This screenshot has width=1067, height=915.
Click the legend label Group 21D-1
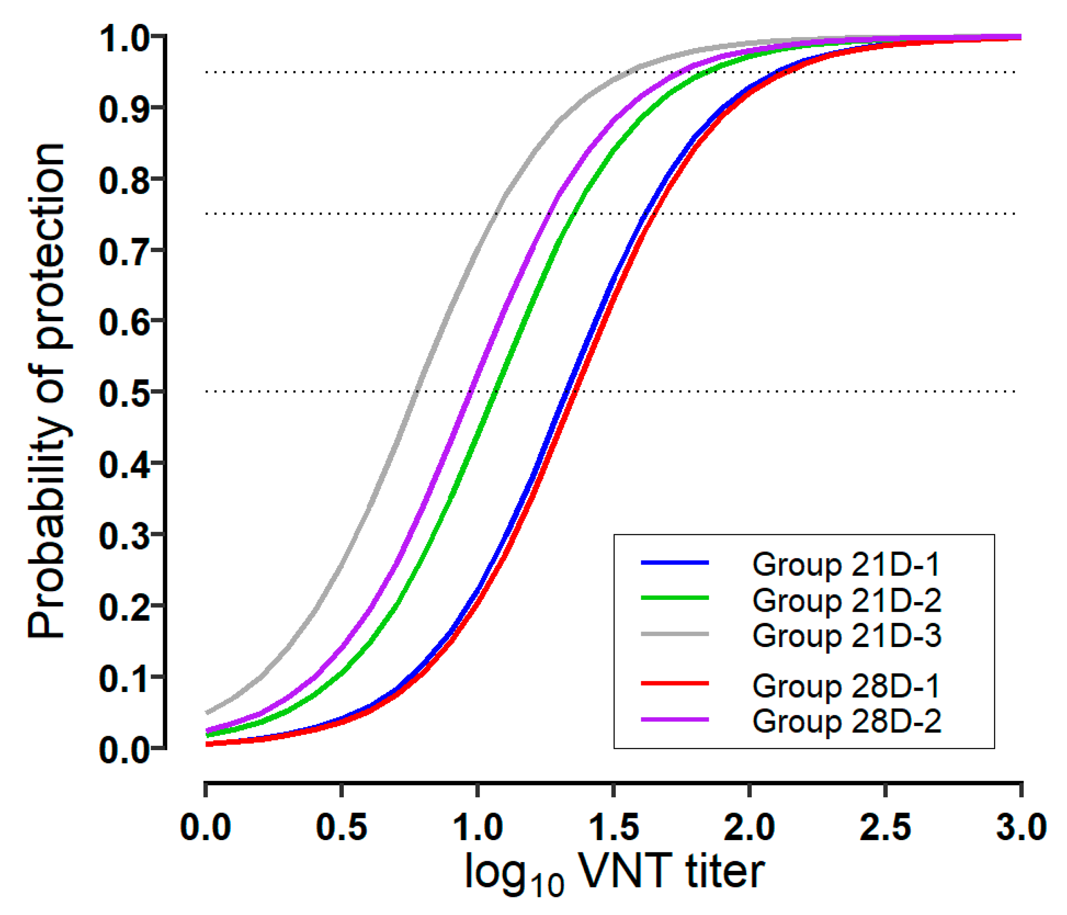tap(846, 564)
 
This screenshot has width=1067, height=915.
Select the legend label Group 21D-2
tap(846, 600)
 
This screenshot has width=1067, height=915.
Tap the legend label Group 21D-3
tap(846, 636)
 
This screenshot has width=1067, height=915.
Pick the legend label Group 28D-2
tap(846, 721)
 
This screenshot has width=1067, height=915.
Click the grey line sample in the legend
tap(675, 634)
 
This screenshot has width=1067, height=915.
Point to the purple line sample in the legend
tap(675, 719)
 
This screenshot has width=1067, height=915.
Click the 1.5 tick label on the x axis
tap(613, 827)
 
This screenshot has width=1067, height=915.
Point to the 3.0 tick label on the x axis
tap(1021, 827)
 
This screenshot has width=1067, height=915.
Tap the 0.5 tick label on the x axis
tap(342, 827)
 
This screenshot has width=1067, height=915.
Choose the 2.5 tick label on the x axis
tap(885, 827)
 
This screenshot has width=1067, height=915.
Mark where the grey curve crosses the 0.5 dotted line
tap(416, 391)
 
